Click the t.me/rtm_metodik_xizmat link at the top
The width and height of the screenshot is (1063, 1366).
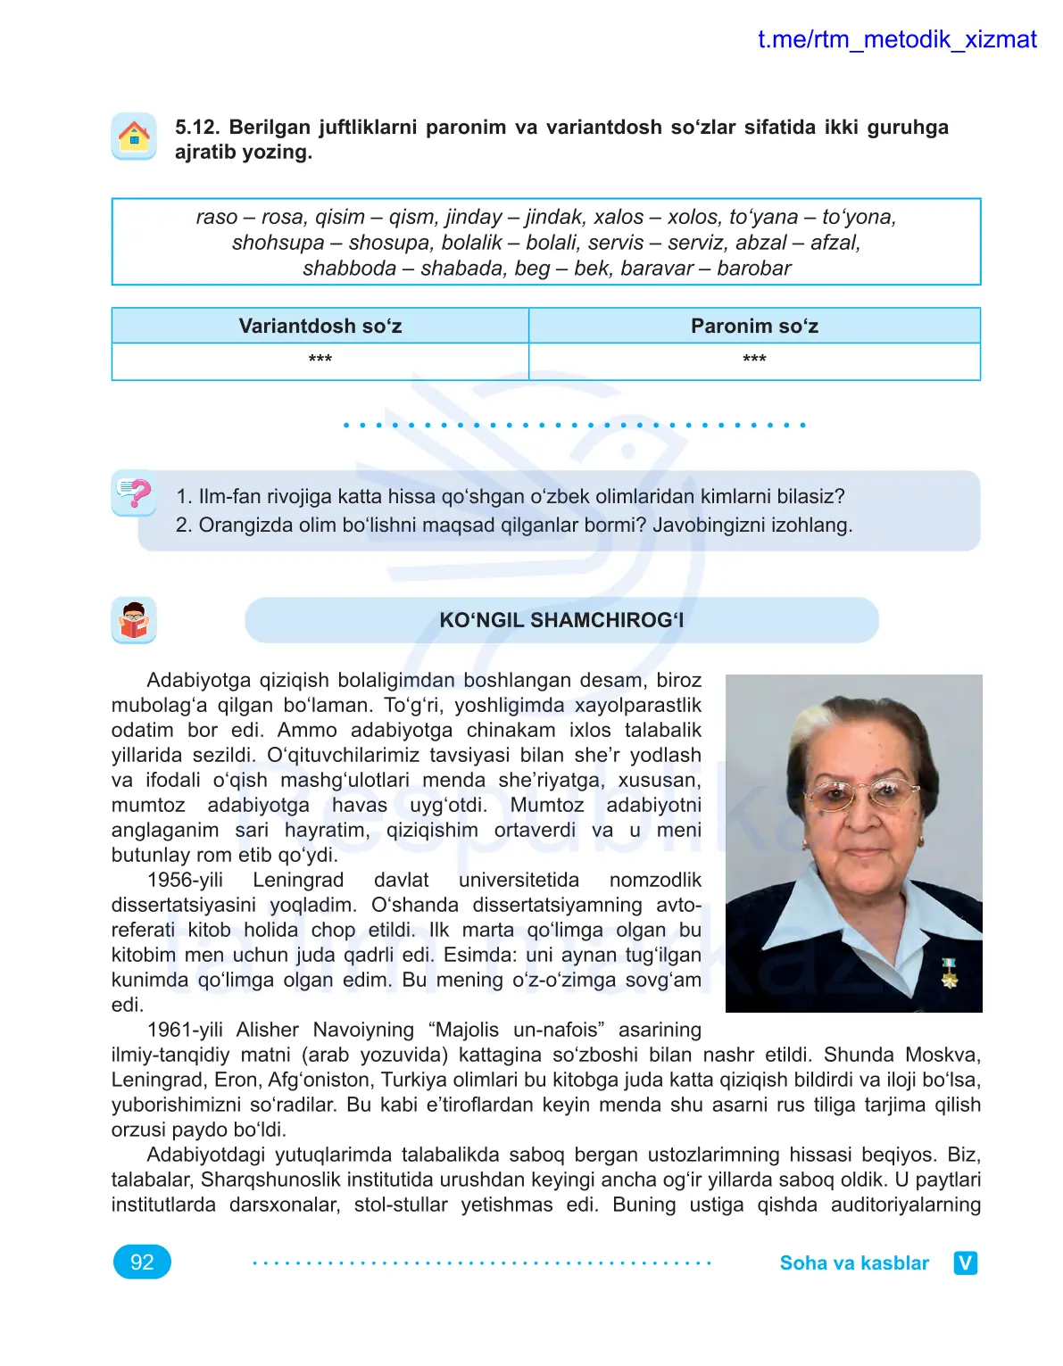coord(896,39)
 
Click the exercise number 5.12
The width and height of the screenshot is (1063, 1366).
coord(196,128)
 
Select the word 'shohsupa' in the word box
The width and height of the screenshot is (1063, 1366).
coord(278,243)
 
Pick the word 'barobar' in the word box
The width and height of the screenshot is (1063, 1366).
coord(753,269)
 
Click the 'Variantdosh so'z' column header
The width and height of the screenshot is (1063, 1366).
coord(320,327)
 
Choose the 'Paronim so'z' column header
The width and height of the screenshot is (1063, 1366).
coord(754,327)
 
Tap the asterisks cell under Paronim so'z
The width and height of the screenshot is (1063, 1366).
coord(754,360)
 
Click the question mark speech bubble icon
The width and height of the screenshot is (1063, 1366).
coord(134,493)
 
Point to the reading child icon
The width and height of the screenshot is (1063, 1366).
coord(134,620)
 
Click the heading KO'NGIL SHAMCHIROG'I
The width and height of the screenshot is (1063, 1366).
coord(561,620)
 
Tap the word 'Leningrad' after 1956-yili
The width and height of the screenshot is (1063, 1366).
coord(298,880)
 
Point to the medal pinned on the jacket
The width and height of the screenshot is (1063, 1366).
coord(950,972)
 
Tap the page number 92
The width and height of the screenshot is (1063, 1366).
coord(142,1263)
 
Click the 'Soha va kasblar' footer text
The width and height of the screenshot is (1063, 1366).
coord(854,1263)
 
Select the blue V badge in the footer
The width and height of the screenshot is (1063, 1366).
coord(966,1263)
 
